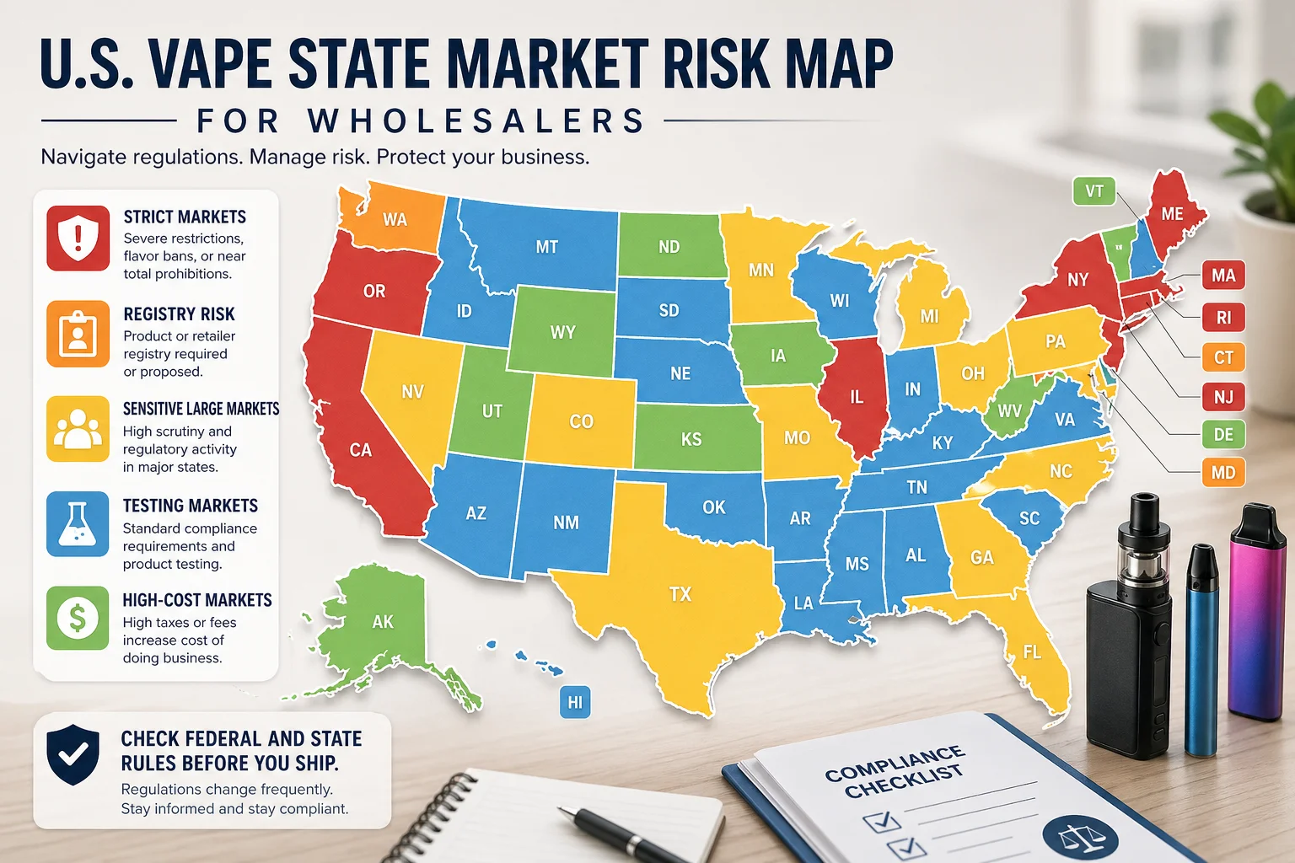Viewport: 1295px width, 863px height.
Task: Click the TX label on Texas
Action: [x=680, y=594]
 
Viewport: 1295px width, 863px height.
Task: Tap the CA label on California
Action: [x=361, y=450]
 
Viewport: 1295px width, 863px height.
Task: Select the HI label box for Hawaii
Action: [x=575, y=702]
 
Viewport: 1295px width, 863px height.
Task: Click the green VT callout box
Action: [x=1093, y=191]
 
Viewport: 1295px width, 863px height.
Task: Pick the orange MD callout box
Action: [x=1222, y=473]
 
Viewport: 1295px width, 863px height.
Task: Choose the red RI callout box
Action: [x=1222, y=318]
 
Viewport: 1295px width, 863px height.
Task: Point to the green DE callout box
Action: [x=1222, y=435]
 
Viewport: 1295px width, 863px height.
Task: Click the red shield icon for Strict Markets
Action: [x=78, y=239]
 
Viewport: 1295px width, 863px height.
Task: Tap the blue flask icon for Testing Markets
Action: [x=78, y=524]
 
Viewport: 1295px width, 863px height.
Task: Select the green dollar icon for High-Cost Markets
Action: [x=78, y=619]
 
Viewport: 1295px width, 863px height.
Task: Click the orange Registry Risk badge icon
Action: [x=78, y=334]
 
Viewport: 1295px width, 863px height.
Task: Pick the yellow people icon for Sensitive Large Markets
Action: [x=78, y=429]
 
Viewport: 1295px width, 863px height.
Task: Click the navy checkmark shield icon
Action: [x=73, y=753]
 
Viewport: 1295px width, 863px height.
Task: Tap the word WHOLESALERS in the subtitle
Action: [x=476, y=121]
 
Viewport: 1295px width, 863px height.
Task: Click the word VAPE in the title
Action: [x=207, y=64]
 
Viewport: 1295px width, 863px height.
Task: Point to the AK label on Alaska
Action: [x=383, y=622]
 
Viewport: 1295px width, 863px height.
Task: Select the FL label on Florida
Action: [x=1032, y=652]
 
